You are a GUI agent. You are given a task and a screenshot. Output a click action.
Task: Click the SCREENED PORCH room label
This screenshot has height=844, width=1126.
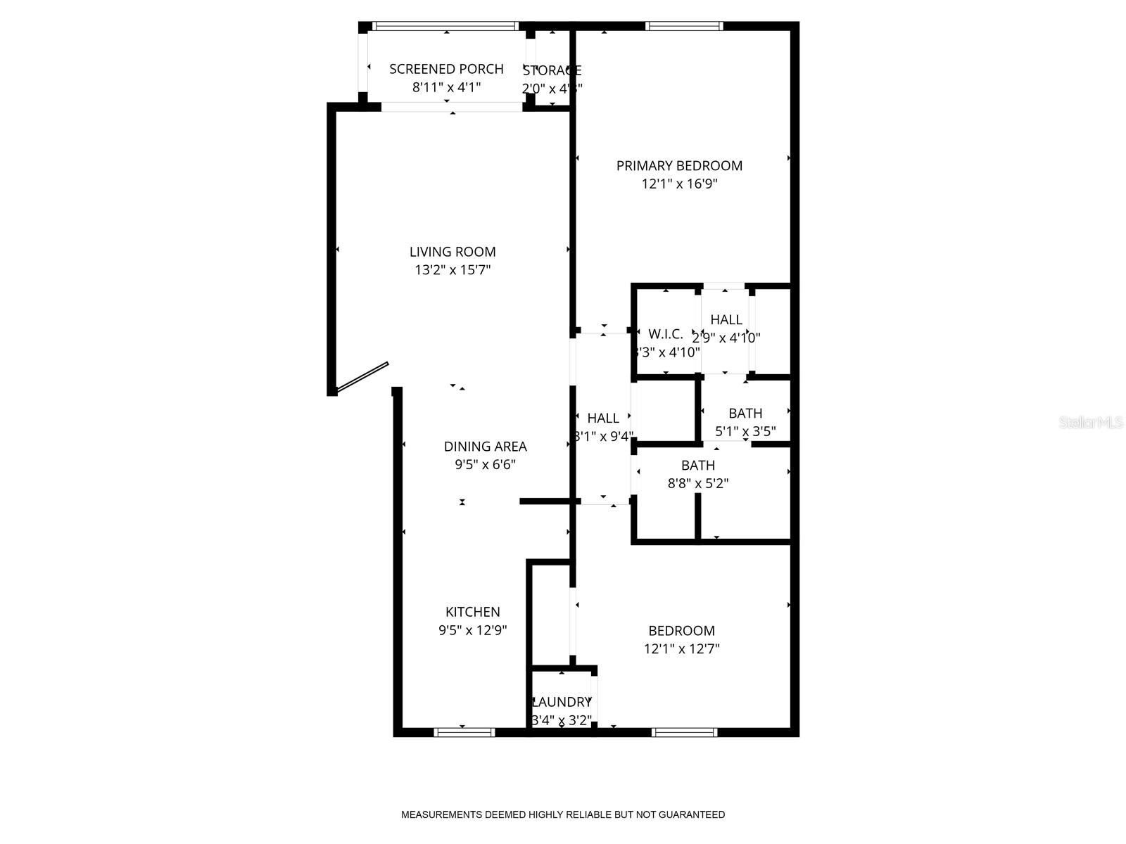(x=446, y=69)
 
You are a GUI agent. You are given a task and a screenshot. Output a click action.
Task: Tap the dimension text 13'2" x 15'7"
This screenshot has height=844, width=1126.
(x=453, y=270)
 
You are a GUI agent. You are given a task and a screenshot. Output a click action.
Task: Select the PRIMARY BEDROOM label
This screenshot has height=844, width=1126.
(x=679, y=166)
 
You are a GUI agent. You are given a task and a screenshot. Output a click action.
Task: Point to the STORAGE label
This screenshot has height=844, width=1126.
(x=552, y=70)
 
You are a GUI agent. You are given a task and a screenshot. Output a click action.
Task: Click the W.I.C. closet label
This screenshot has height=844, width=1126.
(x=665, y=334)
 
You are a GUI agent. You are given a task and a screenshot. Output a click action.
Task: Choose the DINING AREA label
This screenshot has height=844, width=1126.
(x=485, y=447)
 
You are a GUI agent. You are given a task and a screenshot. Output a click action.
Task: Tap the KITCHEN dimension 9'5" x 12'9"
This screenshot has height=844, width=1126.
(x=472, y=631)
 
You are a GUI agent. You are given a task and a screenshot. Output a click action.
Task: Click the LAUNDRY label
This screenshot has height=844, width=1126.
(x=562, y=702)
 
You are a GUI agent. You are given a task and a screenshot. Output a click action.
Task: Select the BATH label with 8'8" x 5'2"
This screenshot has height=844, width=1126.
(x=697, y=466)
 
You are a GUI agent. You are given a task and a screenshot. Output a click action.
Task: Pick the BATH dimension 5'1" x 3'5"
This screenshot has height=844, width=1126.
(x=745, y=432)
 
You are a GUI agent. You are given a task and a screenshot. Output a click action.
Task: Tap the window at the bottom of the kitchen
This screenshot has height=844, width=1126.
(x=464, y=732)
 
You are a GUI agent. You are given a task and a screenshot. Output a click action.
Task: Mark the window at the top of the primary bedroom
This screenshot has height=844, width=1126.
(x=684, y=27)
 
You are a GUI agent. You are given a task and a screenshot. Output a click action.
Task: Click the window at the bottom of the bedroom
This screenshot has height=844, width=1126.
(x=684, y=732)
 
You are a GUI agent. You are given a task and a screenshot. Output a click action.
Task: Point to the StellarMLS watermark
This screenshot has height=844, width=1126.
(x=1091, y=423)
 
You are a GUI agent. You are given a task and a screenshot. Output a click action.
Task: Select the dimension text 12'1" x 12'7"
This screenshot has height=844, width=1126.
(x=681, y=649)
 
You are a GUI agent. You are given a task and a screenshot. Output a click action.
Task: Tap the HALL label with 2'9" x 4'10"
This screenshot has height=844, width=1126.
(x=726, y=320)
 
